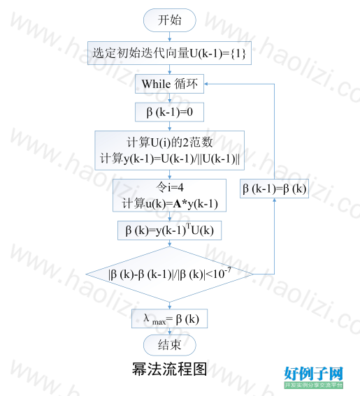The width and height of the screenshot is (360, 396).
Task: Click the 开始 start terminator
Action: [170, 20]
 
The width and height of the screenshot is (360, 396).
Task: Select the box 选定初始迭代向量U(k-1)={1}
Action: [169, 53]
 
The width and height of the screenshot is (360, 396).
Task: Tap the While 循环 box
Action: [169, 84]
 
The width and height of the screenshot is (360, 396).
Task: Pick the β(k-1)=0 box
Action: [169, 112]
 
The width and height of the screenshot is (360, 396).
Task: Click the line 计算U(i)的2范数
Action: [169, 142]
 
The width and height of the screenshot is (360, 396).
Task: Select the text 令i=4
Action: [170, 187]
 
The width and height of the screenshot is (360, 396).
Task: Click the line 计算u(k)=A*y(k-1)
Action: [170, 203]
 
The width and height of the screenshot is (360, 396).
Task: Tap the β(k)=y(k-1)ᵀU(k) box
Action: [169, 230]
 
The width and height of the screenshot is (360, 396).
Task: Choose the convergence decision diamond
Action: [169, 274]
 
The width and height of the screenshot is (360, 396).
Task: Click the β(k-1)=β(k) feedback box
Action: [274, 189]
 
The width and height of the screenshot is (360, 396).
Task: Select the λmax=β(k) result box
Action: [169, 318]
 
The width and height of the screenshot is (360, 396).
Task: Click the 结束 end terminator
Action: [170, 345]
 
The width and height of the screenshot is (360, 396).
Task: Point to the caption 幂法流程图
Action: [169, 369]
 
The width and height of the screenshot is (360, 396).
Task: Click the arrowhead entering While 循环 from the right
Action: [206, 84]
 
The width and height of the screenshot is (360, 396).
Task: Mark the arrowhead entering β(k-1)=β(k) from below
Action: [274, 200]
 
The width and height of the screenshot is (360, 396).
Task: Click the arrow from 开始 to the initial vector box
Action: [170, 36]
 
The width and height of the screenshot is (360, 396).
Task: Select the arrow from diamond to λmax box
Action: [170, 305]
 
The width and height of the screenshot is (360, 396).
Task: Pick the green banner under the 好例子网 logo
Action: [313, 385]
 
